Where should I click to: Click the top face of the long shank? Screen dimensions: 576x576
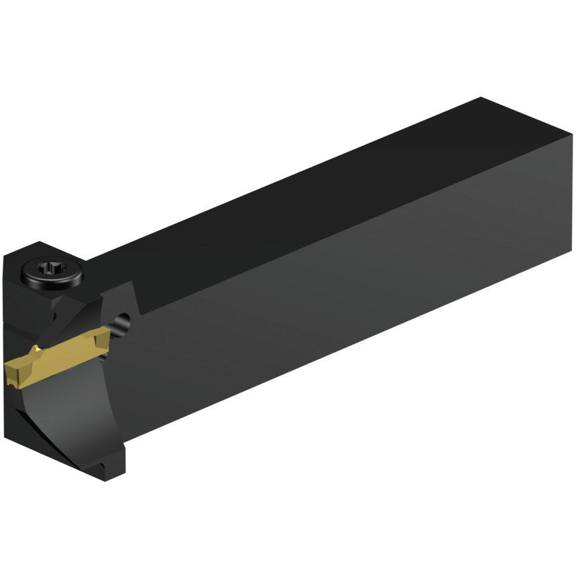point(304,196)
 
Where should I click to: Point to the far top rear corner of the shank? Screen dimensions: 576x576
point(480,98)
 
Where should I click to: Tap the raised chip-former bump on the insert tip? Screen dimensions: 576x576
point(20,364)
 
